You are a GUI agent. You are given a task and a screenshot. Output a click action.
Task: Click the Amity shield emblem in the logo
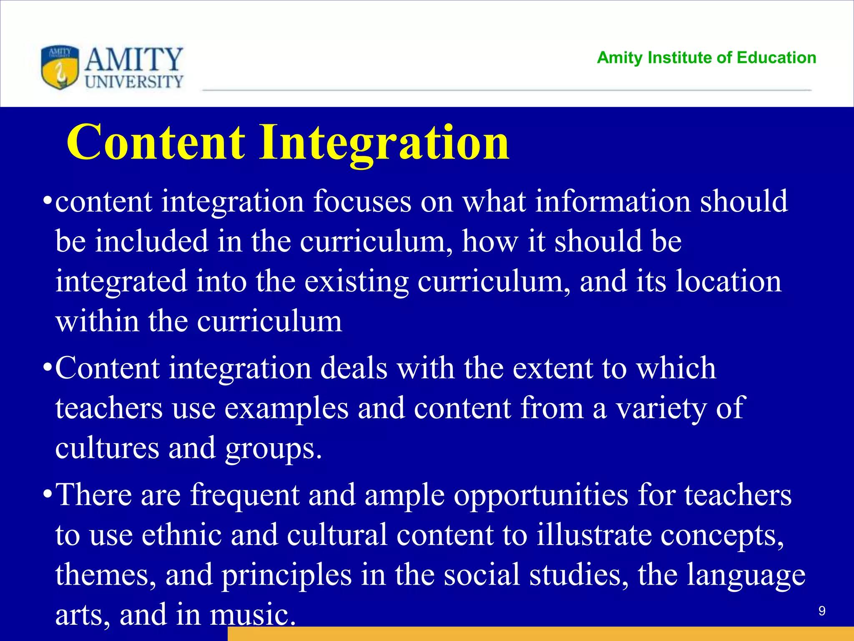click(60, 67)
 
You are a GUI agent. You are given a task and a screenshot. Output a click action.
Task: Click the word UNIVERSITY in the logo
click(134, 82)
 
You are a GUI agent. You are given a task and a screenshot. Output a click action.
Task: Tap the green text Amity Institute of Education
click(706, 58)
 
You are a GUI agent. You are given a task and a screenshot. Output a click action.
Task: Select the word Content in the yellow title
click(156, 143)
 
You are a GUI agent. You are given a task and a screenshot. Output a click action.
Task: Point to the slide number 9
click(821, 611)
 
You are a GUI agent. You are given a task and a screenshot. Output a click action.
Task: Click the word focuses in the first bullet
click(362, 202)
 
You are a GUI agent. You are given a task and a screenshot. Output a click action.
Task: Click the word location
click(728, 281)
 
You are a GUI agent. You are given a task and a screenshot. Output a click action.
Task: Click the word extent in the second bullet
click(552, 368)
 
